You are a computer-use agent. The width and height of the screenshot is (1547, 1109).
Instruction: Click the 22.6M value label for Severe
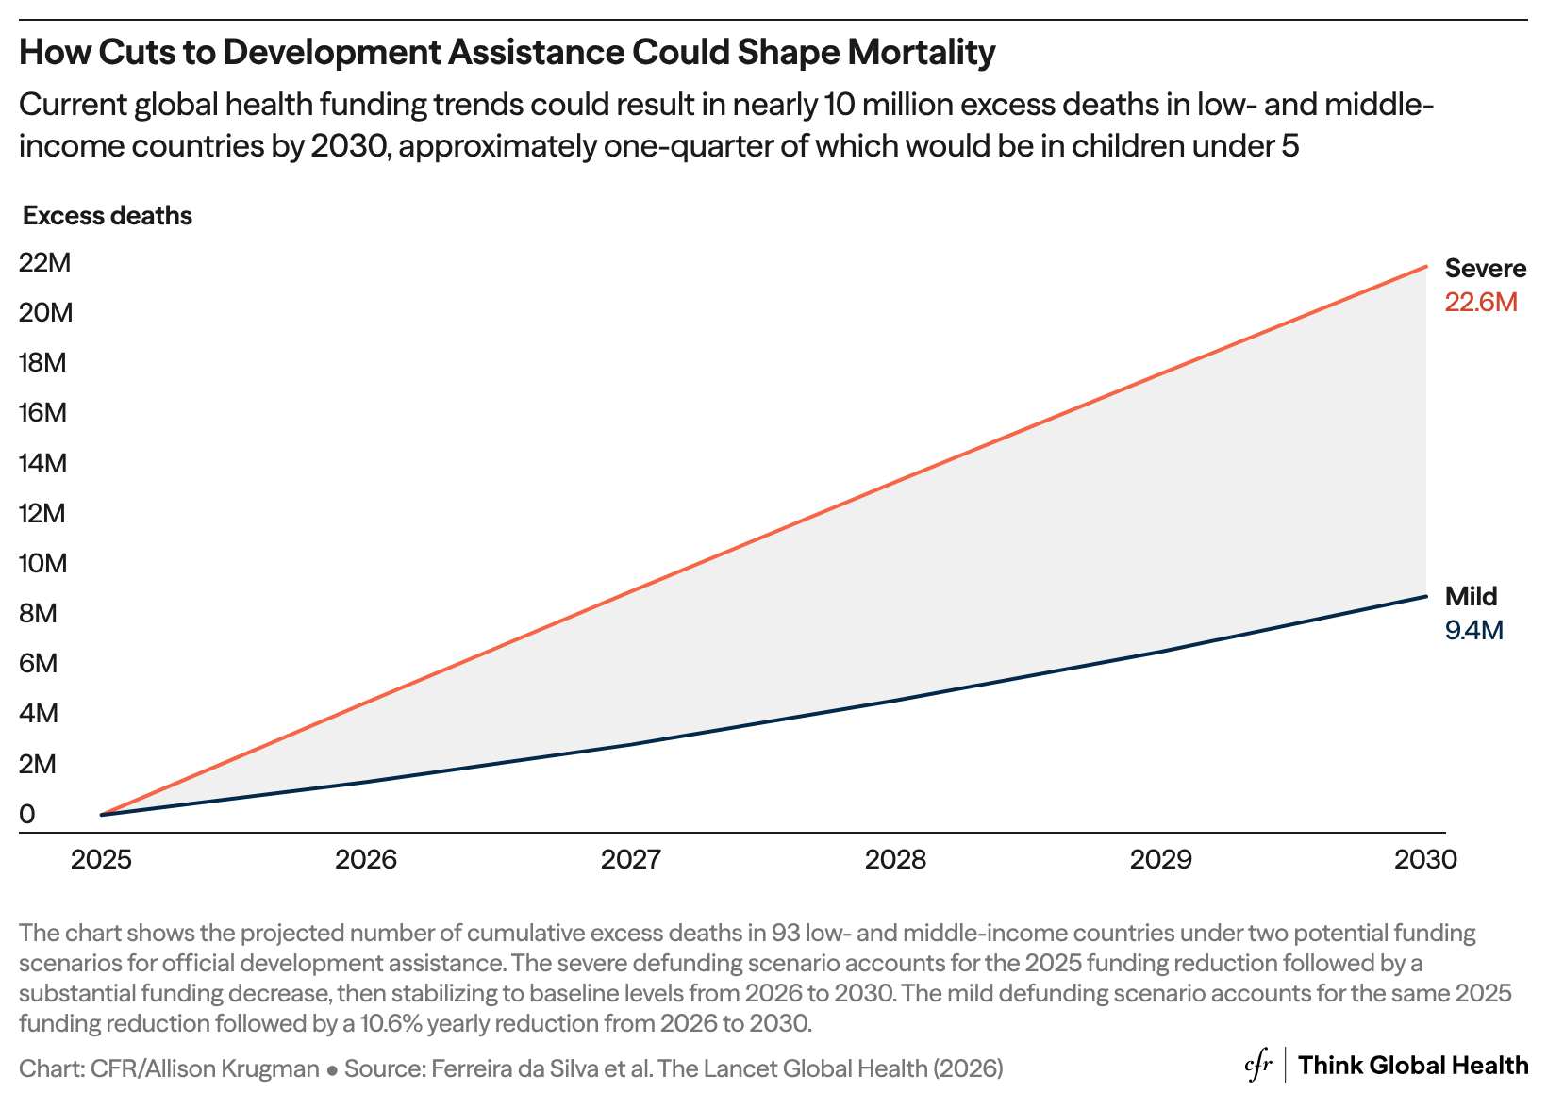point(1481,303)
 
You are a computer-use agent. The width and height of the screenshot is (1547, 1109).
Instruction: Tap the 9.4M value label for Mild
point(1473,630)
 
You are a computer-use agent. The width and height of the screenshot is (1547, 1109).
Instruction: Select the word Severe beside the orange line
point(1485,269)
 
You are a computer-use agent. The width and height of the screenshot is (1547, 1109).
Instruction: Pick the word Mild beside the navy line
point(1471,596)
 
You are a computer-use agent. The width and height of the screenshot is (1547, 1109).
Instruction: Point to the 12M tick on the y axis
point(42,513)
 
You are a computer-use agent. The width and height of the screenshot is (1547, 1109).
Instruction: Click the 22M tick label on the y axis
point(44,262)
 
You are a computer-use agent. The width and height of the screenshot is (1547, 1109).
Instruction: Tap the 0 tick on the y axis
point(27,814)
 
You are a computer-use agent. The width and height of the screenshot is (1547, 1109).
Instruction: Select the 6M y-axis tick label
point(39,663)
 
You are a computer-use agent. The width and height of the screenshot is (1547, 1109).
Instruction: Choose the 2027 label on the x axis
point(631,859)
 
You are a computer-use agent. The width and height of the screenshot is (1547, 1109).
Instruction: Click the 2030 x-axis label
point(1425,859)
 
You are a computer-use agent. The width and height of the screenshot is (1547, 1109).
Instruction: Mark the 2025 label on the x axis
point(102,859)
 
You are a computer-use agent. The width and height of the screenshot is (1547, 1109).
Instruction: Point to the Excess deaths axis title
point(108,216)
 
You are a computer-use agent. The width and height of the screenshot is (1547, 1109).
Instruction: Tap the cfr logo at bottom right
point(1258,1066)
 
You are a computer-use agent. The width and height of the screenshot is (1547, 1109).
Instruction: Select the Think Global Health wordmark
point(1413,1066)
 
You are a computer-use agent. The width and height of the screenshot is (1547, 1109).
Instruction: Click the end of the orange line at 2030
point(1426,267)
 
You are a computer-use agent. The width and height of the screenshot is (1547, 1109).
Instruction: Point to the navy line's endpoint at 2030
point(1426,596)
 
